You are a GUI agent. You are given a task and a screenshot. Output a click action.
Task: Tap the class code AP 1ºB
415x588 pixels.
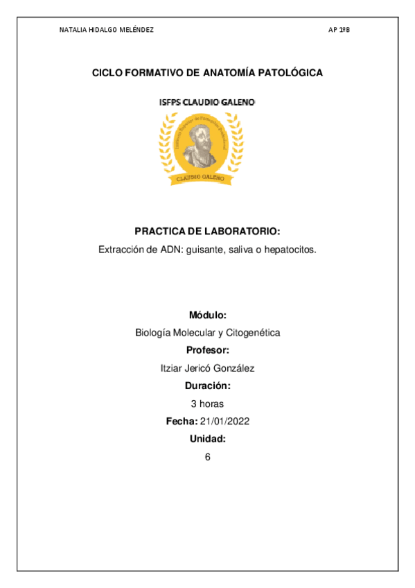click(x=339, y=31)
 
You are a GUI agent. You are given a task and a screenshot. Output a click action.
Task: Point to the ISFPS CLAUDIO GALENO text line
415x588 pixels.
click(x=207, y=102)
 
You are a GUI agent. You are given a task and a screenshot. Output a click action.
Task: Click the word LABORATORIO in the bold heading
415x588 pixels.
click(x=241, y=232)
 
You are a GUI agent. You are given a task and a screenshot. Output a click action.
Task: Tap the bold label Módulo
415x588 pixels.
click(x=207, y=315)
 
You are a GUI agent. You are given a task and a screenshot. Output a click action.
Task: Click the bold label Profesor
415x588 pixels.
click(x=207, y=350)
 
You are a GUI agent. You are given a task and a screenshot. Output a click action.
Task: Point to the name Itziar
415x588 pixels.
click(x=172, y=368)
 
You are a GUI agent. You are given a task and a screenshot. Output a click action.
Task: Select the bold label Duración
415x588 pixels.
click(x=207, y=386)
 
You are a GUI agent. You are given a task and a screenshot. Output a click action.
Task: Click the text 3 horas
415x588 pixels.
click(x=207, y=404)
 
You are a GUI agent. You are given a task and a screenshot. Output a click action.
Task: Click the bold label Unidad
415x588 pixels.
click(x=207, y=439)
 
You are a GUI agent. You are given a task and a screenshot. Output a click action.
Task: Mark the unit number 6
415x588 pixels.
click(x=207, y=457)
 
